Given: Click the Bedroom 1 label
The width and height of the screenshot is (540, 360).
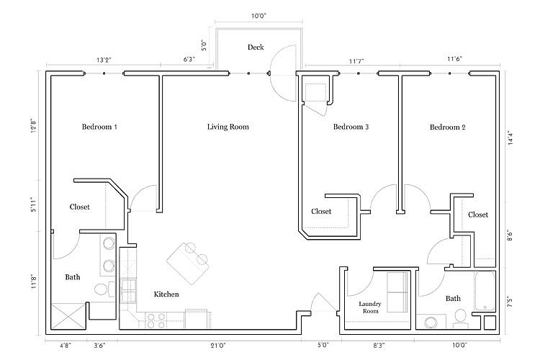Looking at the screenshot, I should [x=99, y=127].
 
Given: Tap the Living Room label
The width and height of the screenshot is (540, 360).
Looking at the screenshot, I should [x=228, y=127].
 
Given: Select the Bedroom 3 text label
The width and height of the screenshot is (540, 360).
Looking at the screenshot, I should [x=351, y=127].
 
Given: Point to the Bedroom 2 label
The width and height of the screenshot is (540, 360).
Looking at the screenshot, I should [x=448, y=127].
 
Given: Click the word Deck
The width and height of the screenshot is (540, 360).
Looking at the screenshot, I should [x=256, y=48].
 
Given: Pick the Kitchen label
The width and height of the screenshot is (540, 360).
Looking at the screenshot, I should [x=166, y=294].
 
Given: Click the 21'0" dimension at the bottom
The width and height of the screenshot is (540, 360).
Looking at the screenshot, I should [x=218, y=346].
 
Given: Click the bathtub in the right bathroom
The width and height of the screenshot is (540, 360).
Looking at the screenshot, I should [x=485, y=291].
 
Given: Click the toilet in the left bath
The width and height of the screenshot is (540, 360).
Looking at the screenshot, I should [x=102, y=290].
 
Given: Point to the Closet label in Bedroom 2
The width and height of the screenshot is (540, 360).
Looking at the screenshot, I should [x=478, y=215].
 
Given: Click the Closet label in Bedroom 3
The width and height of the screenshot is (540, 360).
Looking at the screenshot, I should [x=321, y=212].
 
